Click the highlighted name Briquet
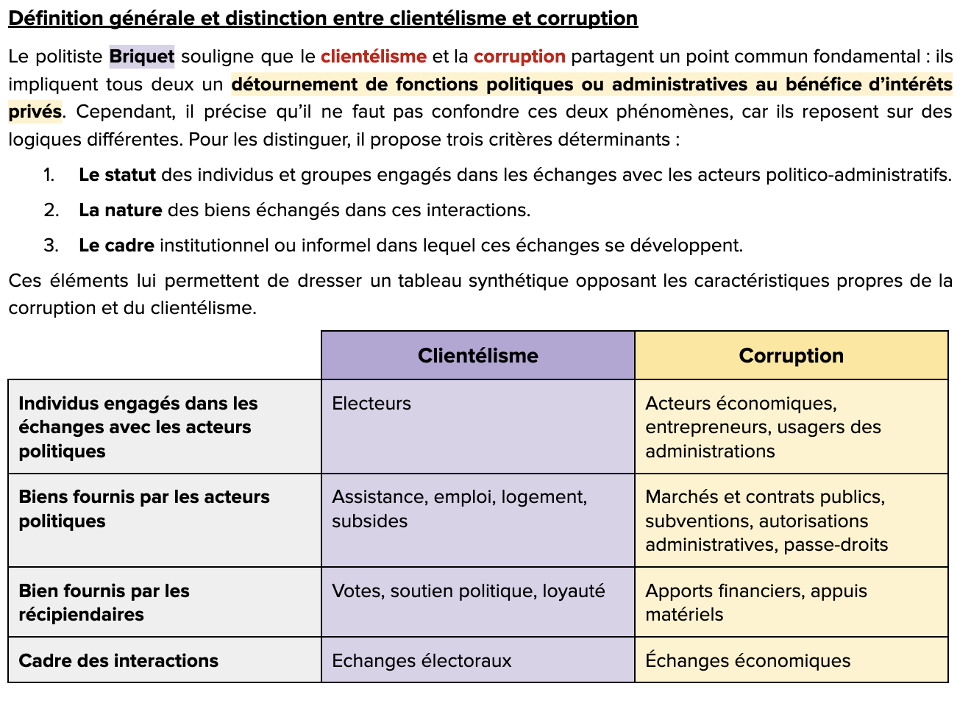click(142, 57)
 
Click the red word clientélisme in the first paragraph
click(373, 57)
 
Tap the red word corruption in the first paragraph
click(519, 57)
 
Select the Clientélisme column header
click(478, 356)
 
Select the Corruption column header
click(791, 356)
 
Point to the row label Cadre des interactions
click(118, 661)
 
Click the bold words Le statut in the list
click(117, 175)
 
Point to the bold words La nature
click(120, 210)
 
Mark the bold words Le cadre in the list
click(116, 246)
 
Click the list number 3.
click(51, 246)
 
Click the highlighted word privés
click(35, 112)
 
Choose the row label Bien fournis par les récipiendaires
click(104, 602)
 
